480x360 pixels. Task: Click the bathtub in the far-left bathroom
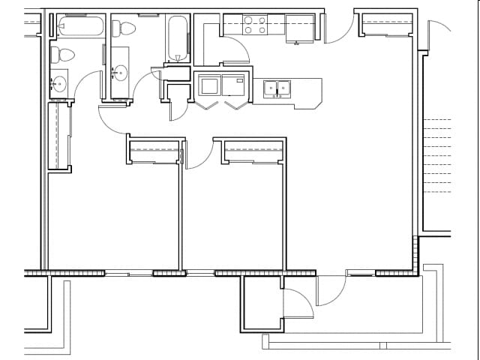click(x=79, y=26)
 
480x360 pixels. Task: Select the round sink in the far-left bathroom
click(x=58, y=82)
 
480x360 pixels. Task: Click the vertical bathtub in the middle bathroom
click(x=178, y=37)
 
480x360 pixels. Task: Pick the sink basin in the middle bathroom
click(x=120, y=73)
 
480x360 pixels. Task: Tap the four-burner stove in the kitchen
click(x=254, y=25)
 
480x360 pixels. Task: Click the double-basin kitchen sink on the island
click(x=277, y=88)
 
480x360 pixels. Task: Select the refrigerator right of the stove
click(x=299, y=28)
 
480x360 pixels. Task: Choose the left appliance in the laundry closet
click(x=208, y=85)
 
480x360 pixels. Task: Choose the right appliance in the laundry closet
click(x=232, y=85)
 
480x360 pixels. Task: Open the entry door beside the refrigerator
click(x=339, y=28)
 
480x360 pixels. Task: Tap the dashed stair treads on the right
click(x=437, y=156)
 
